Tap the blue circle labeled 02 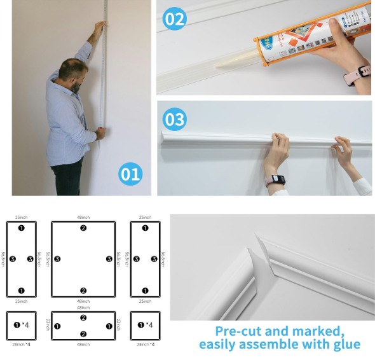tap(175, 18)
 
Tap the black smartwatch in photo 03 tap(276, 179)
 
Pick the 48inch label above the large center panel tap(83, 218)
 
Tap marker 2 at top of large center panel tap(83, 228)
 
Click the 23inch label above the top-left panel tap(21, 218)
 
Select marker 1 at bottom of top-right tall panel tap(146, 291)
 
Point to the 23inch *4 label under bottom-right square tap(146, 344)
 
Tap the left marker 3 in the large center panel tap(57, 259)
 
